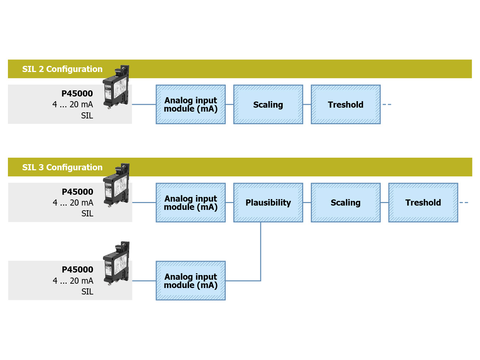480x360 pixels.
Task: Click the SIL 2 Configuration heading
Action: click(62, 69)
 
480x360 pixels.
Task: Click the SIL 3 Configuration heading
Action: click(62, 167)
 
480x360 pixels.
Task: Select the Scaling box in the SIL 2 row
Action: click(268, 104)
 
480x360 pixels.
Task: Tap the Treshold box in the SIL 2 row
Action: click(346, 104)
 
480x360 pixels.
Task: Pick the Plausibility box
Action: click(268, 203)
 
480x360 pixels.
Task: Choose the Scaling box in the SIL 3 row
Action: click(346, 203)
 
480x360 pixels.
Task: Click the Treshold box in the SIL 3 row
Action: click(423, 203)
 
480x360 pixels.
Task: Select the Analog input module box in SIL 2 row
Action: click(190, 104)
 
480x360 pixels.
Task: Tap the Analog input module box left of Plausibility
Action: click(190, 203)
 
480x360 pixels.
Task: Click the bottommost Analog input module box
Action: click(190, 281)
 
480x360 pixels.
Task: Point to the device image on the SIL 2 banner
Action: click(116, 87)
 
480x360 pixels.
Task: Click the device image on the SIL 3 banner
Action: click(116, 185)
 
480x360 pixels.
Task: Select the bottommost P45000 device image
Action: click(116, 264)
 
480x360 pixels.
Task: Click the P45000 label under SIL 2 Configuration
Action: click(77, 94)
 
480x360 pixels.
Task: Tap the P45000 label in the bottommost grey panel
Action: click(77, 270)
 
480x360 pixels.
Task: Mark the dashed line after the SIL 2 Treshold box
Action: click(387, 104)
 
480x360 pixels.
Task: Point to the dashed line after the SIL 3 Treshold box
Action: click(464, 203)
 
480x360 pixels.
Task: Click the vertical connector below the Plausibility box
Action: click(260, 251)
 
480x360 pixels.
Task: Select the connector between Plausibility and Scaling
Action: click(307, 203)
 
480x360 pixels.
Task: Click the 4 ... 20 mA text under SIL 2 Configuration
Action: click(73, 104)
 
